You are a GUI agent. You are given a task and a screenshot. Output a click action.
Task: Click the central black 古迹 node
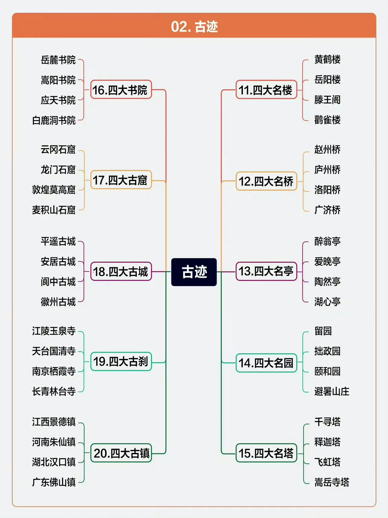194,272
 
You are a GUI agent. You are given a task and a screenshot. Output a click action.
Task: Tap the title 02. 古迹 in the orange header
194,27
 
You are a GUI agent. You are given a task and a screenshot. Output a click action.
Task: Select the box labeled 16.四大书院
121,90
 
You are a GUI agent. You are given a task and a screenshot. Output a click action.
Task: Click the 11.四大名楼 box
266,90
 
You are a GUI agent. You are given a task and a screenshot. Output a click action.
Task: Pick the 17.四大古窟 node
121,180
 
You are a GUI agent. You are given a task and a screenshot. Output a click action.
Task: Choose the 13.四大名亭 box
266,271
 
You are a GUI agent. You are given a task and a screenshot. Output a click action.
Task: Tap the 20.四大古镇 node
121,453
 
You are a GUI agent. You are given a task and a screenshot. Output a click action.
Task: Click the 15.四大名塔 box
266,453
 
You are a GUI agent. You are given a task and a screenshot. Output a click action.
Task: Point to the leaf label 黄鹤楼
327,60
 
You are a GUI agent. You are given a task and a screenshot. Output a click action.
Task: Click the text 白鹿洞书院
54,120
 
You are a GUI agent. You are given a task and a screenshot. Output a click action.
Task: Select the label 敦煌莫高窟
54,190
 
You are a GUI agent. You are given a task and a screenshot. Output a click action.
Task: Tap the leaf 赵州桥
327,149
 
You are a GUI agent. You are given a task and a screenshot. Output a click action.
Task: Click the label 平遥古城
58,241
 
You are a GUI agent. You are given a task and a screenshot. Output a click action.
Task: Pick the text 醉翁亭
327,241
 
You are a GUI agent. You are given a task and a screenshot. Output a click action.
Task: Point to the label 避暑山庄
332,391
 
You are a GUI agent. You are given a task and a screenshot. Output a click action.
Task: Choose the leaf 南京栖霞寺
54,371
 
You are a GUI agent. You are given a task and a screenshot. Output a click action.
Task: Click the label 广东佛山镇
54,482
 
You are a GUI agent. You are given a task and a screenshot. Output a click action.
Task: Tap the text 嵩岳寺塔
332,482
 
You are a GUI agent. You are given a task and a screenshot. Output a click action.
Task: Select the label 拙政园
327,351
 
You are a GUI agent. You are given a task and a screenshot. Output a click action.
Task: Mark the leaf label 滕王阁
327,100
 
